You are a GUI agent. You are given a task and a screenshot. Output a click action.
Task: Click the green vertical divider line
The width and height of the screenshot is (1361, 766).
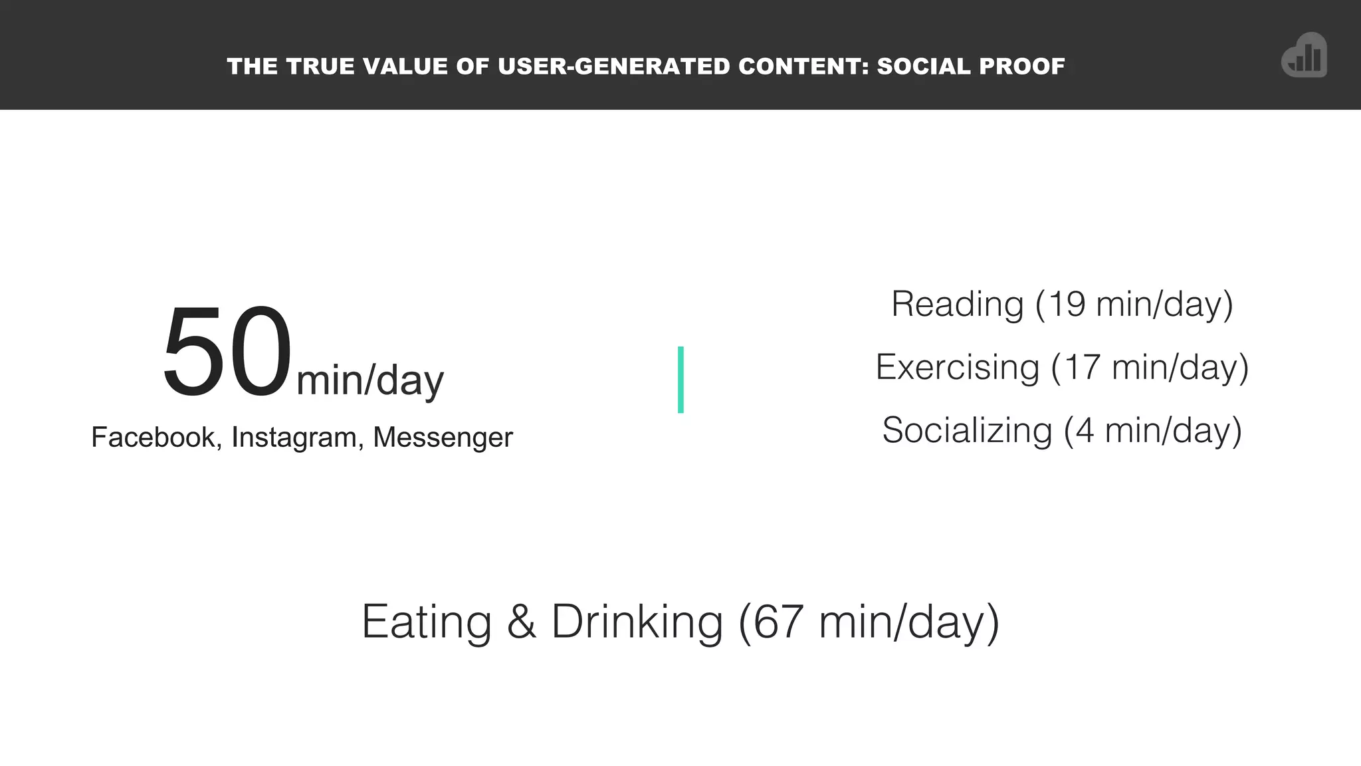(680, 380)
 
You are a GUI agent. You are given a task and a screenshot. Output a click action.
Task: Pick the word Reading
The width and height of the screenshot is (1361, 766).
(957, 305)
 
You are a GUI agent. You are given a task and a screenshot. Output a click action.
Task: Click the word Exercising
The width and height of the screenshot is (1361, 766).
(957, 368)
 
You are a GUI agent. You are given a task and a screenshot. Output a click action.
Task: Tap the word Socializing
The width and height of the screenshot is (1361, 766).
(967, 431)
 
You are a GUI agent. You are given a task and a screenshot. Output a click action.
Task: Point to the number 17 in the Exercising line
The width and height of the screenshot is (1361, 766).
(1083, 368)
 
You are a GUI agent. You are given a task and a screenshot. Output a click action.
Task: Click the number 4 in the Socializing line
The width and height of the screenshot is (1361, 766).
(1085, 431)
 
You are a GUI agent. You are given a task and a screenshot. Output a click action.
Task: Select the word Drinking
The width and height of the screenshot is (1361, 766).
(637, 622)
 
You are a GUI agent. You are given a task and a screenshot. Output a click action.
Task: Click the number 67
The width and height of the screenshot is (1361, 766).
(778, 622)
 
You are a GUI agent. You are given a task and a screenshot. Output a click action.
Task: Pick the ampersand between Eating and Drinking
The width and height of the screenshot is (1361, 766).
(521, 622)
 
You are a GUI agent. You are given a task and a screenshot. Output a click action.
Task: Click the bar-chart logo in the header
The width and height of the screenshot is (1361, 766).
(1304, 56)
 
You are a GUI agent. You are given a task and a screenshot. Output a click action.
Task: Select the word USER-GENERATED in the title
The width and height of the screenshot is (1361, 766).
(614, 66)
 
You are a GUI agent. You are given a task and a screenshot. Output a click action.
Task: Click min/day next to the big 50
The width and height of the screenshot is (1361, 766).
(370, 381)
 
